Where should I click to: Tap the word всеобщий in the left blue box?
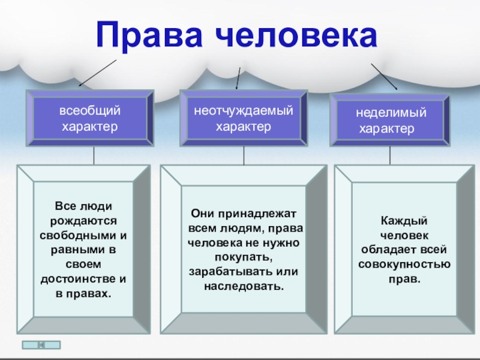(x=89, y=111)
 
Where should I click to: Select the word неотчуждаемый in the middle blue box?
(x=243, y=111)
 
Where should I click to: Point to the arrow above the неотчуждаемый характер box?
(x=239, y=78)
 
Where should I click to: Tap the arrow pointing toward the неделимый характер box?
(x=384, y=76)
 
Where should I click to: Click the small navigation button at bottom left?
(x=41, y=345)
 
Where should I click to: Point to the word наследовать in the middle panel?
(x=243, y=286)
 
